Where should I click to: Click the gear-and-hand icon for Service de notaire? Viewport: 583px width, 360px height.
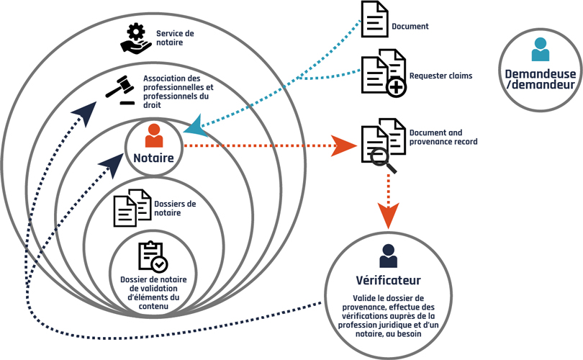135,38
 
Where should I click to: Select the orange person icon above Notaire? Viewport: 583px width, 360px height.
153,136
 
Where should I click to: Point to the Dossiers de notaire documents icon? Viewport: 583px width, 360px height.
132,209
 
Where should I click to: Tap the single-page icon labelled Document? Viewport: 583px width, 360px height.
374,19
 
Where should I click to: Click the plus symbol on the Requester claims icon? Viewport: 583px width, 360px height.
396,87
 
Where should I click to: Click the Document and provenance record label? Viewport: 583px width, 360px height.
443,138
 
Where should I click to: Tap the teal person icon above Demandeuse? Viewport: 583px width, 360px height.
540,50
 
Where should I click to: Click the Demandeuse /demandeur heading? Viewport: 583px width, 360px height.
540,78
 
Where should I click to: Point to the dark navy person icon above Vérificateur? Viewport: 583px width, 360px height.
388,256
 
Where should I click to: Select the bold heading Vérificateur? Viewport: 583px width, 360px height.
388,280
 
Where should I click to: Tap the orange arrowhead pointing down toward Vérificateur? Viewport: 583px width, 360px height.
388,214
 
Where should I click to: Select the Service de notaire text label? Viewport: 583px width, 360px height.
175,37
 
